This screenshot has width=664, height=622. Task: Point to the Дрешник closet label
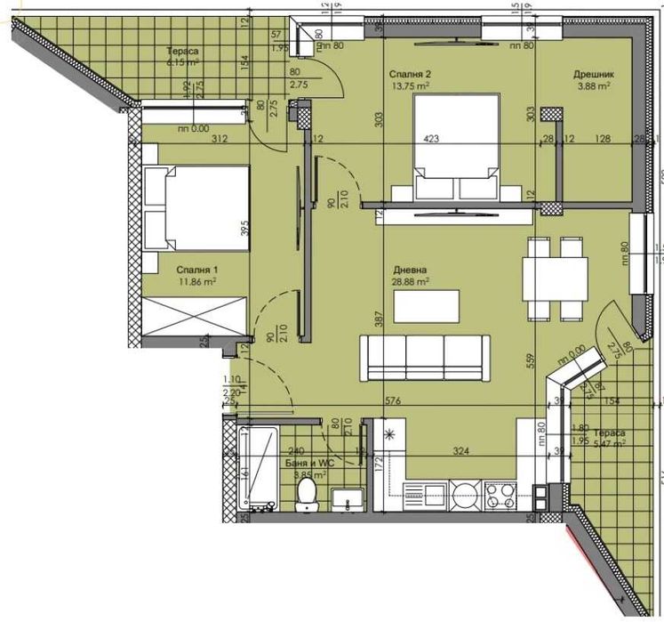(591, 75)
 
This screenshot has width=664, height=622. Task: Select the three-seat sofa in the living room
(423, 357)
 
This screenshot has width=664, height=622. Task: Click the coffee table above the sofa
(427, 306)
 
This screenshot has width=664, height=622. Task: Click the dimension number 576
(394, 401)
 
